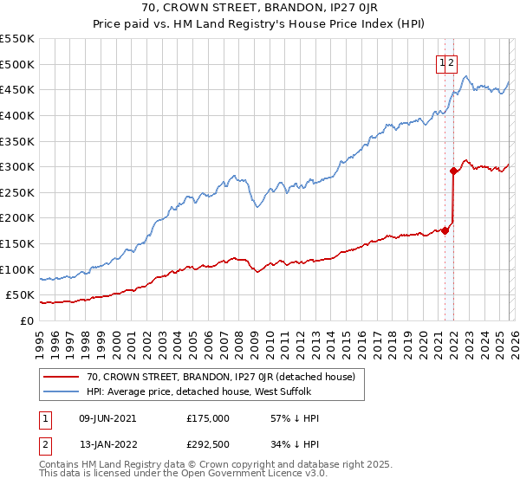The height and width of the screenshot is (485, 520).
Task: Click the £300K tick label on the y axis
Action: (17, 166)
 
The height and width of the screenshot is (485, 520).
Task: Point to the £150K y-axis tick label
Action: (17, 243)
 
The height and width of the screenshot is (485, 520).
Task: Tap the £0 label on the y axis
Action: (27, 320)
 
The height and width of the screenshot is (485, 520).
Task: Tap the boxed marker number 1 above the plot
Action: (442, 62)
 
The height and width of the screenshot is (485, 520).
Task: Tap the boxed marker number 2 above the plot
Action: (452, 62)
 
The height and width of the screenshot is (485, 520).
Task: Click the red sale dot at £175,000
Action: (445, 230)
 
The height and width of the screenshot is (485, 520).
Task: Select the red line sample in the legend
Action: (62, 377)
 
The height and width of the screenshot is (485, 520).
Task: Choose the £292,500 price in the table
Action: (208, 448)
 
